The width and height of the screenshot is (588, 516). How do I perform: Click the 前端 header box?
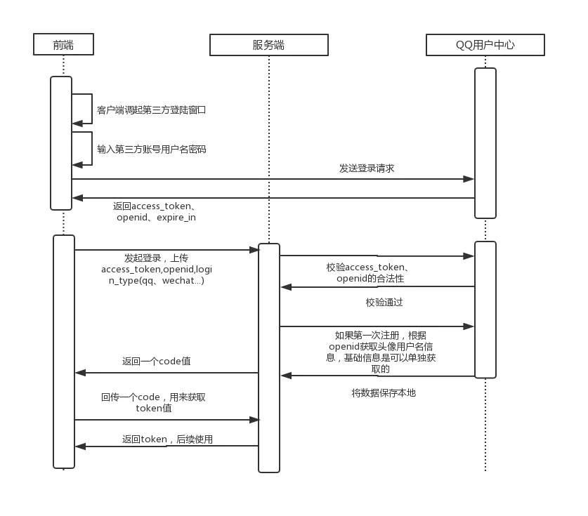(63, 45)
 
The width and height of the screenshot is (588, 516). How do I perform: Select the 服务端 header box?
(268, 45)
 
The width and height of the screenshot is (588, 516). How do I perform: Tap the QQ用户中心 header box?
(485, 45)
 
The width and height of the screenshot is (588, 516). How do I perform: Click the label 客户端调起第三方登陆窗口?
(151, 110)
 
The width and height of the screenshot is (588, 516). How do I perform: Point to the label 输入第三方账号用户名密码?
(151, 150)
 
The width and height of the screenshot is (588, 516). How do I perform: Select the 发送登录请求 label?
(367, 168)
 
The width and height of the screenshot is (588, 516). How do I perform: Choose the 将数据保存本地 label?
(384, 393)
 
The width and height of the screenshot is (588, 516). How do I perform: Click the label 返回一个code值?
(156, 362)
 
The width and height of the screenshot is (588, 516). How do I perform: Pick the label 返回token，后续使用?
(167, 439)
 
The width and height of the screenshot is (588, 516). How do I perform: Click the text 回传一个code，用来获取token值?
(153, 402)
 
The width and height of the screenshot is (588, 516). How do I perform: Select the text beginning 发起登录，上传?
(156, 270)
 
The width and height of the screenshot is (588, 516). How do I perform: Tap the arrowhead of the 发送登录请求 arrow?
(469, 179)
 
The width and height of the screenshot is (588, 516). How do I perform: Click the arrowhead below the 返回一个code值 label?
(80, 373)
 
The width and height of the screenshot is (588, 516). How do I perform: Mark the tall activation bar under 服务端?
(269, 358)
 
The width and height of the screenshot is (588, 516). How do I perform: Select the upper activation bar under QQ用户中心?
(485, 143)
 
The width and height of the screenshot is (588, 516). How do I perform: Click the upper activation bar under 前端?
(61, 143)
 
